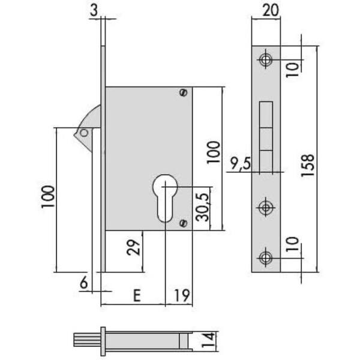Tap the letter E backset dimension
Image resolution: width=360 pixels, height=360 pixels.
click(x=137, y=295)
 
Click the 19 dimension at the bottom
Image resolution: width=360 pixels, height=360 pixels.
click(x=184, y=295)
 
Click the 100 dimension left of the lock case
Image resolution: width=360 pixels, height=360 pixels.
click(x=49, y=197)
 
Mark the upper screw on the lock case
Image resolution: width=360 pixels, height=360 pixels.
click(x=184, y=92)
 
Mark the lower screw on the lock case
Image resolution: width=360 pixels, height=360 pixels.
click(x=184, y=224)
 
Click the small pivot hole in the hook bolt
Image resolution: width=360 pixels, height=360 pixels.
click(x=85, y=133)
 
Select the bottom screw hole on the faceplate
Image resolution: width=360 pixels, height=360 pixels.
click(x=265, y=257)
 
